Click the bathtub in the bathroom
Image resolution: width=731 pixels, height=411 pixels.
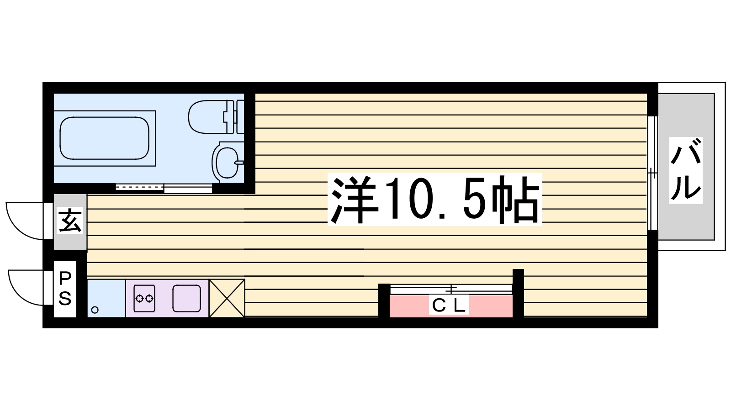coord(105,138)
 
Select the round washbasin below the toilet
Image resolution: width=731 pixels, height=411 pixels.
coord(228,162)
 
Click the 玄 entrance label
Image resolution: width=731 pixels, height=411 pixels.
coord(70,220)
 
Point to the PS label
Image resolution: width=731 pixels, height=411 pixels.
coord(65,289)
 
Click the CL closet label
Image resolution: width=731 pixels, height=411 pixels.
coord(449,306)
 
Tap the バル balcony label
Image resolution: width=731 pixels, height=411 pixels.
coord(686,171)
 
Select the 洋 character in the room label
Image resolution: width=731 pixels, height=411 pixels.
coord(354,199)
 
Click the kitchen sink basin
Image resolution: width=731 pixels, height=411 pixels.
coord(187,298)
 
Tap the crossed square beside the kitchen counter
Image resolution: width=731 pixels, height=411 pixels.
coord(227,298)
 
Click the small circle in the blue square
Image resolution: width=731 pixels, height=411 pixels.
coord(95,310)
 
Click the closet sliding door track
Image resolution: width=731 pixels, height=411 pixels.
coord(450,289)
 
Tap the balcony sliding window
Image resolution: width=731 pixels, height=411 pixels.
coord(652,173)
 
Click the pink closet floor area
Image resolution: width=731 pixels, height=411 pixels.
coord(451,306)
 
